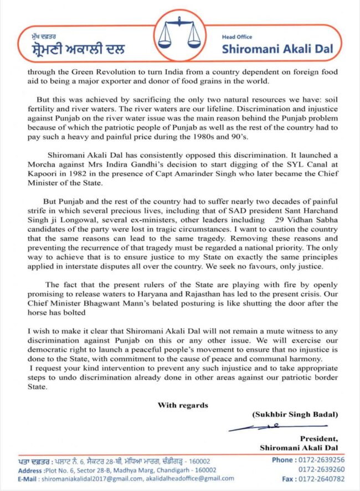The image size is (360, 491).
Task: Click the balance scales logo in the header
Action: point(180,35)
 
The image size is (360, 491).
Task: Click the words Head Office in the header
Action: point(236,37)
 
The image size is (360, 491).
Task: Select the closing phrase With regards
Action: point(183,405)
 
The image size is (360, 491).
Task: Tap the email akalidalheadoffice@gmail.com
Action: point(188,479)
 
